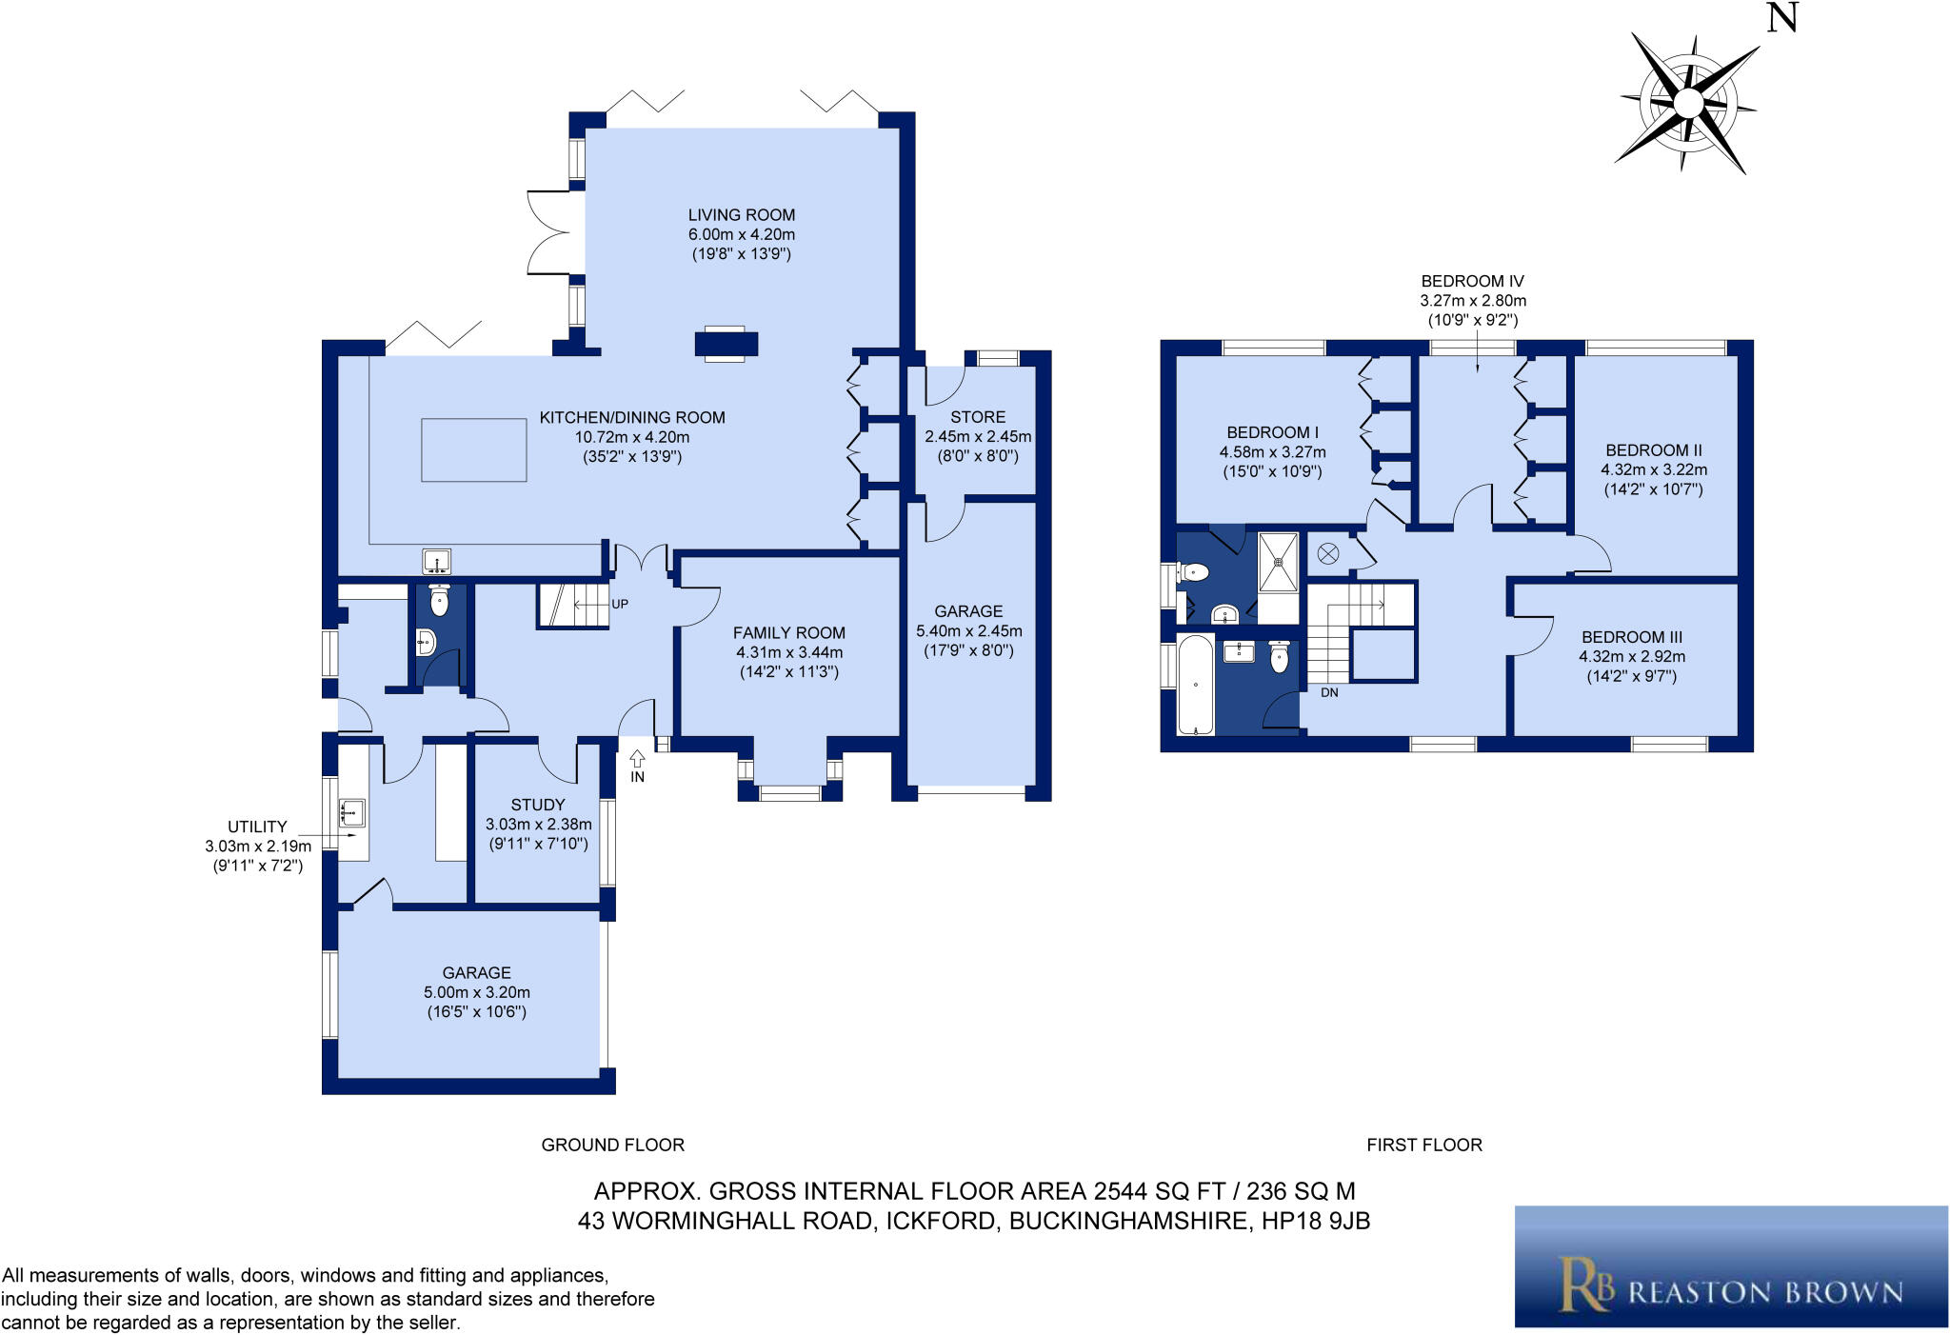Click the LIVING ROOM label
[x=741, y=215]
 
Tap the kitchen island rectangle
[x=474, y=449]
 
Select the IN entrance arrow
[x=637, y=760]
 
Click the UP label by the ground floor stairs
[x=620, y=604]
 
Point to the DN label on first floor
[x=1329, y=692]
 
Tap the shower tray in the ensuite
[x=1278, y=562]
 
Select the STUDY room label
[x=538, y=805]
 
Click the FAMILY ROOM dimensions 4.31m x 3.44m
[x=788, y=652]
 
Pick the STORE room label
[x=977, y=417]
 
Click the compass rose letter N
[x=1781, y=17]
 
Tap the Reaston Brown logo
[x=1730, y=1266]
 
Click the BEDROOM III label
[x=1632, y=637]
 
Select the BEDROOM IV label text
[x=1472, y=281]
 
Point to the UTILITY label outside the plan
[x=257, y=827]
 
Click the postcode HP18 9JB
[x=1316, y=1221]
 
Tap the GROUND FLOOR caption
[x=612, y=1145]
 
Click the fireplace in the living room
[x=726, y=344]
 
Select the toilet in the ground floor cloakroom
[x=439, y=601]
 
